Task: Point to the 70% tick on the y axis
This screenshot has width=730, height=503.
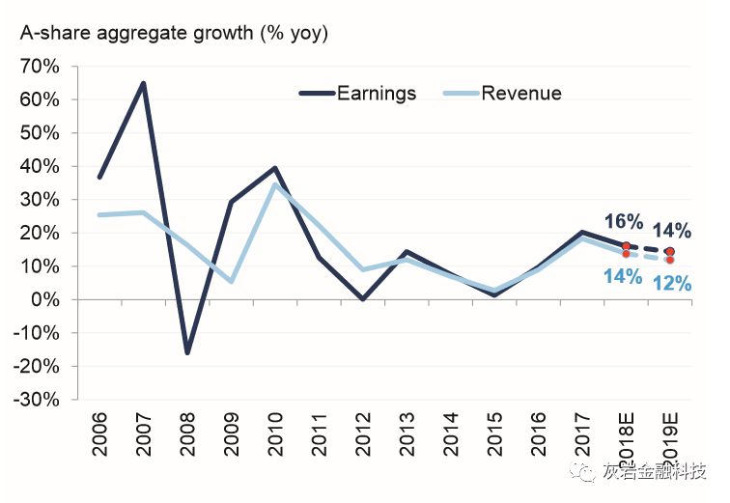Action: tap(40, 67)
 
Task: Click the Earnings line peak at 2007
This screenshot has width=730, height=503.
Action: tap(144, 84)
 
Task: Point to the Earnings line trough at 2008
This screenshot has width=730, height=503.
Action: tap(187, 352)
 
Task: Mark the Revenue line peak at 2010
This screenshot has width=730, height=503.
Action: tap(275, 184)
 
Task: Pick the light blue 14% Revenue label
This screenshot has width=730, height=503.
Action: tap(623, 277)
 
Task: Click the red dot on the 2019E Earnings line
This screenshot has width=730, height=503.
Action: tap(670, 252)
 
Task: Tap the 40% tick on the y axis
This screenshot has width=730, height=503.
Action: tap(40, 167)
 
